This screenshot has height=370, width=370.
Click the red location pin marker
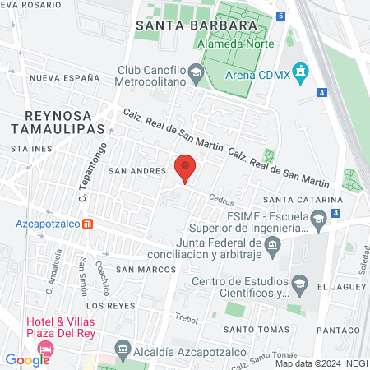(x=186, y=168)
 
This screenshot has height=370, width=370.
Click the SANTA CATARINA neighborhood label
(x=302, y=200)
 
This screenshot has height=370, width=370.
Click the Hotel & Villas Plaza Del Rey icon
(x=44, y=348)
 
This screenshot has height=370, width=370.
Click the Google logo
(x=27, y=359)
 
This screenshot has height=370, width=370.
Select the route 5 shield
(x=280, y=16)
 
